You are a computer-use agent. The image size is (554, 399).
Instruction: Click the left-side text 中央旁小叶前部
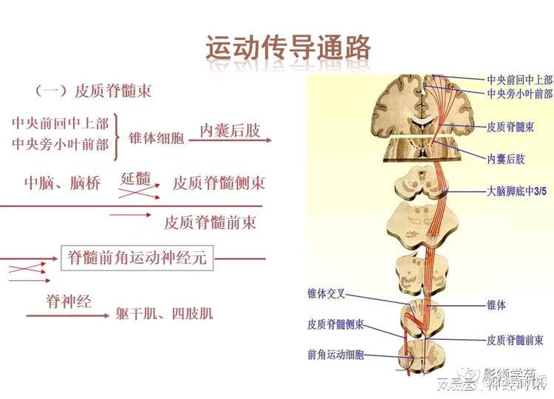(x=60, y=143)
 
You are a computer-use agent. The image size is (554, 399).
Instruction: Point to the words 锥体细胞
(x=156, y=138)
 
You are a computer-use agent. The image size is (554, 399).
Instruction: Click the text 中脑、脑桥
(x=62, y=183)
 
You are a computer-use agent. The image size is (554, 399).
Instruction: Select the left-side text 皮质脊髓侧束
(x=219, y=183)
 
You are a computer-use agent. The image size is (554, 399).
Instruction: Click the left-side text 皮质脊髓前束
(x=210, y=222)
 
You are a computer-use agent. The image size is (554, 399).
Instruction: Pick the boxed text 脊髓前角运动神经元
(x=137, y=259)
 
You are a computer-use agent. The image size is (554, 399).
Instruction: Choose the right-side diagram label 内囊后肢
(x=506, y=159)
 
